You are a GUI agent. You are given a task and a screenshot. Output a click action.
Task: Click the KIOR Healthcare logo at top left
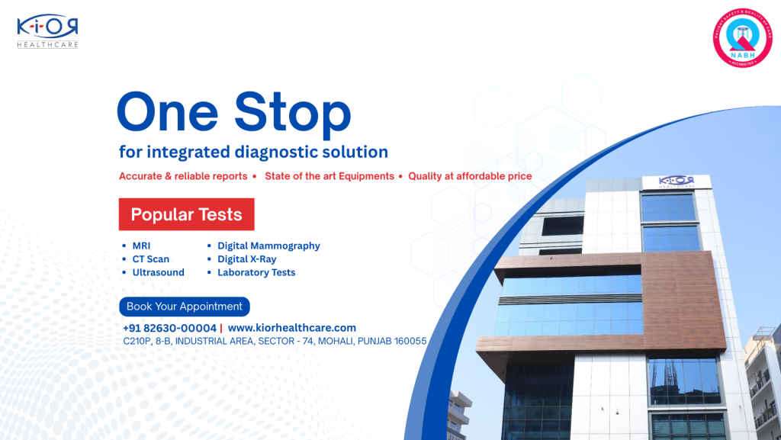(47, 31)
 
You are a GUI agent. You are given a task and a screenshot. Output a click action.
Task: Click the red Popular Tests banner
(186, 214)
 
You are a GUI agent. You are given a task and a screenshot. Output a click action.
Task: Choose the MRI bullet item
(141, 246)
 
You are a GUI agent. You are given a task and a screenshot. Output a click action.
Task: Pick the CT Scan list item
(150, 259)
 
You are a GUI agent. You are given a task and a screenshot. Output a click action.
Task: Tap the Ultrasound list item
(158, 272)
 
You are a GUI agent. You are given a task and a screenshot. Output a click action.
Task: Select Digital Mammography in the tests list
(268, 246)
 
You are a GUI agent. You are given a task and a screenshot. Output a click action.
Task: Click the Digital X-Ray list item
(246, 259)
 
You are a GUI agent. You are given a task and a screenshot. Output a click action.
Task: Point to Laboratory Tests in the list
(256, 272)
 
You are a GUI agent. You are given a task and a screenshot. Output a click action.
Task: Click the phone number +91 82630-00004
(169, 328)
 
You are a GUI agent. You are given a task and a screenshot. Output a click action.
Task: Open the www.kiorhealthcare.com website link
(292, 328)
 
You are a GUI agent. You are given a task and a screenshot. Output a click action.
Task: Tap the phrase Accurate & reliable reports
(183, 176)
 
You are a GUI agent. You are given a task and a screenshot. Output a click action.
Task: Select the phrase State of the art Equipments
(329, 176)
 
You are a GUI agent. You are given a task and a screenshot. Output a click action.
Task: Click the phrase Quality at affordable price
(470, 176)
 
